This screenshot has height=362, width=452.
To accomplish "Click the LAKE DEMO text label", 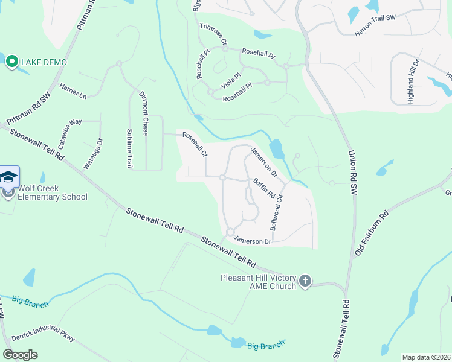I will pyautogui.click(x=44, y=62).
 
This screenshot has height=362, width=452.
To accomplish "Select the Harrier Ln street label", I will pyautogui.click(x=73, y=92).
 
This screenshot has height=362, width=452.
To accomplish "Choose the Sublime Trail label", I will pyautogui.click(x=129, y=147).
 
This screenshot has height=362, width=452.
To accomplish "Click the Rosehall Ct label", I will pyautogui.click(x=195, y=145).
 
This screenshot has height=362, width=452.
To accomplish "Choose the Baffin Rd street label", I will pyautogui.click(x=264, y=189).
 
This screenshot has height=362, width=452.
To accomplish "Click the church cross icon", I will pyautogui.click(x=306, y=281).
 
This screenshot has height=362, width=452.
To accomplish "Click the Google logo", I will pyautogui.click(x=20, y=355).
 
